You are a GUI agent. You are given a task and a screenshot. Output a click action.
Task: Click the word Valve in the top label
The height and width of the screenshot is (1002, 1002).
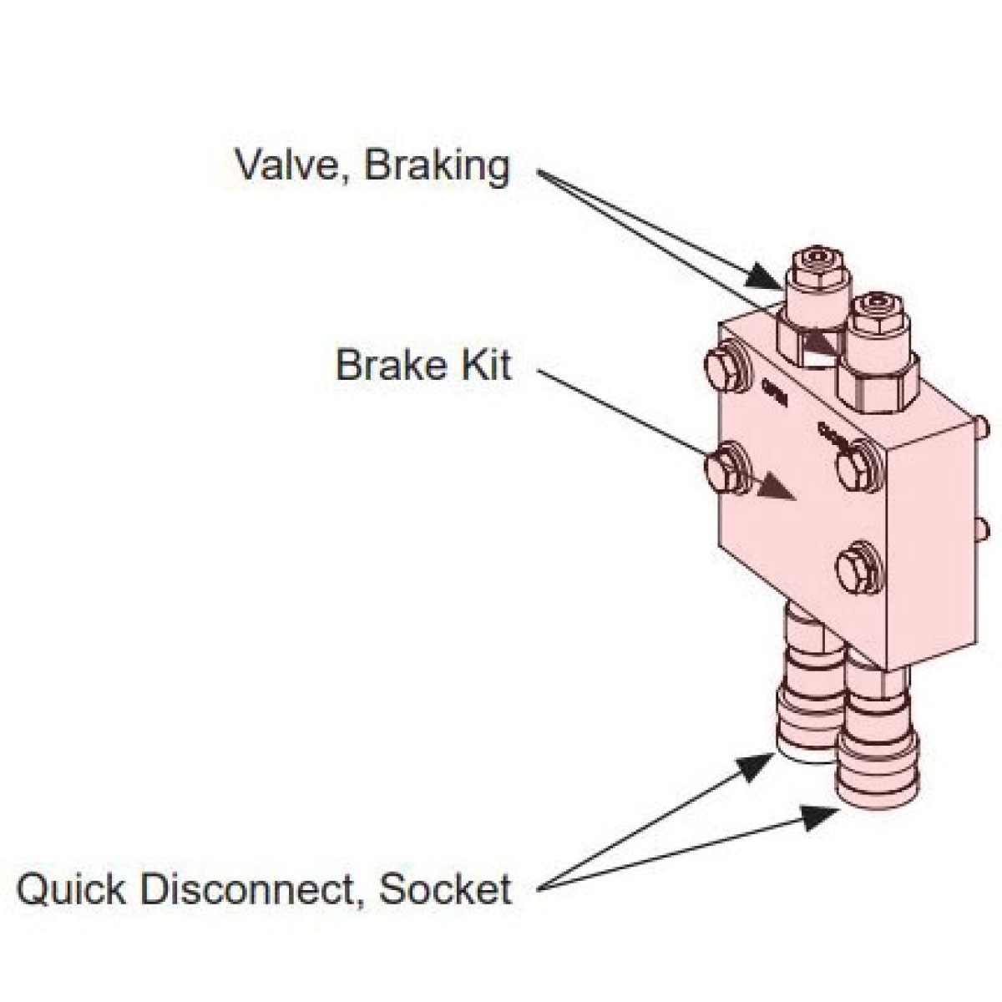[283, 164]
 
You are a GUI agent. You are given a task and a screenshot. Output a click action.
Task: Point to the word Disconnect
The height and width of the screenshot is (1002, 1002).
[247, 888]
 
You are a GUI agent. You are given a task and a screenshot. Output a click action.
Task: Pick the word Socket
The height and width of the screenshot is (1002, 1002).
[444, 888]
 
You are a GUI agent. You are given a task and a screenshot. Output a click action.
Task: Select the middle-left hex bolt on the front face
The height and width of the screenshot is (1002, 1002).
[726, 471]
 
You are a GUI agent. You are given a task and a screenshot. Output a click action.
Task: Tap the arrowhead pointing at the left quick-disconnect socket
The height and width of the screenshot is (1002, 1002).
[755, 764]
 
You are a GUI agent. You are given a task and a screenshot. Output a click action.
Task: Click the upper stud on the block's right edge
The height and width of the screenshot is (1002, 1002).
[983, 428]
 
